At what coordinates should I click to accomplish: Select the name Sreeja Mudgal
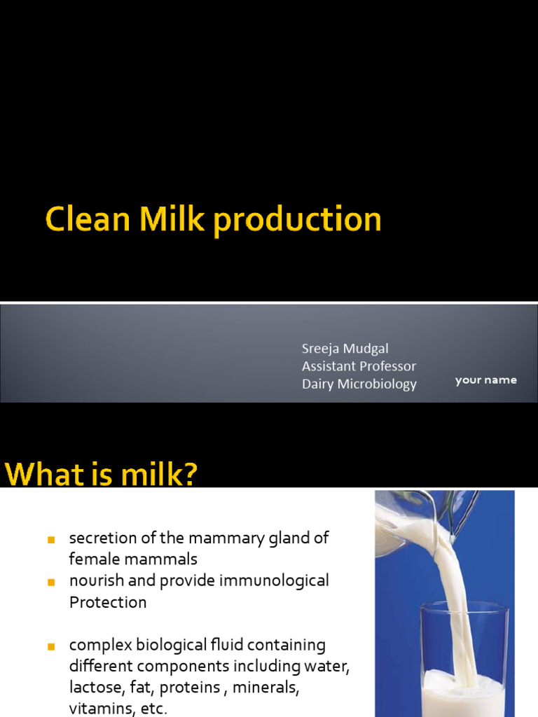point(345,348)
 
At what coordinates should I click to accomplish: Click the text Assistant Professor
point(359,366)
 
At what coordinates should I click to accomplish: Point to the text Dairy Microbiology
point(359,384)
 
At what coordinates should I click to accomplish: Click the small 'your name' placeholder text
point(485,380)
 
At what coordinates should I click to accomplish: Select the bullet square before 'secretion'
point(50,540)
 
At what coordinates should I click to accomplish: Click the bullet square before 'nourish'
point(50,582)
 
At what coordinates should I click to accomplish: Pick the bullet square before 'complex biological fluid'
point(50,646)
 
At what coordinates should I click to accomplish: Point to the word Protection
point(108,602)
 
